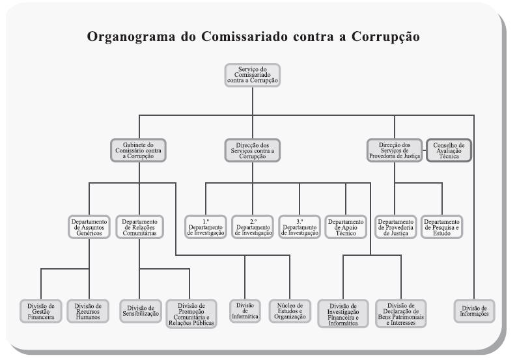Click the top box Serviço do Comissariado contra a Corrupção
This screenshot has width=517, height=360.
tap(252, 75)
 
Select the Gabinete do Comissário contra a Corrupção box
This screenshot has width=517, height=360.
tap(137, 150)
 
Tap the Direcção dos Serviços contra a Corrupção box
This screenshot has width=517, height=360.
tap(252, 150)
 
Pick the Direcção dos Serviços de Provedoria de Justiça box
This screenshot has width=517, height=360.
tap(394, 150)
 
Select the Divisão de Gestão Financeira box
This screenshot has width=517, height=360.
tap(41, 310)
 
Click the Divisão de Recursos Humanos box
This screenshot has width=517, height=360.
tap(87, 310)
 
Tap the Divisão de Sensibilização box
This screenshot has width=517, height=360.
tap(141, 310)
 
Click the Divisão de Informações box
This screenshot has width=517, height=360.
tap(474, 310)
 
